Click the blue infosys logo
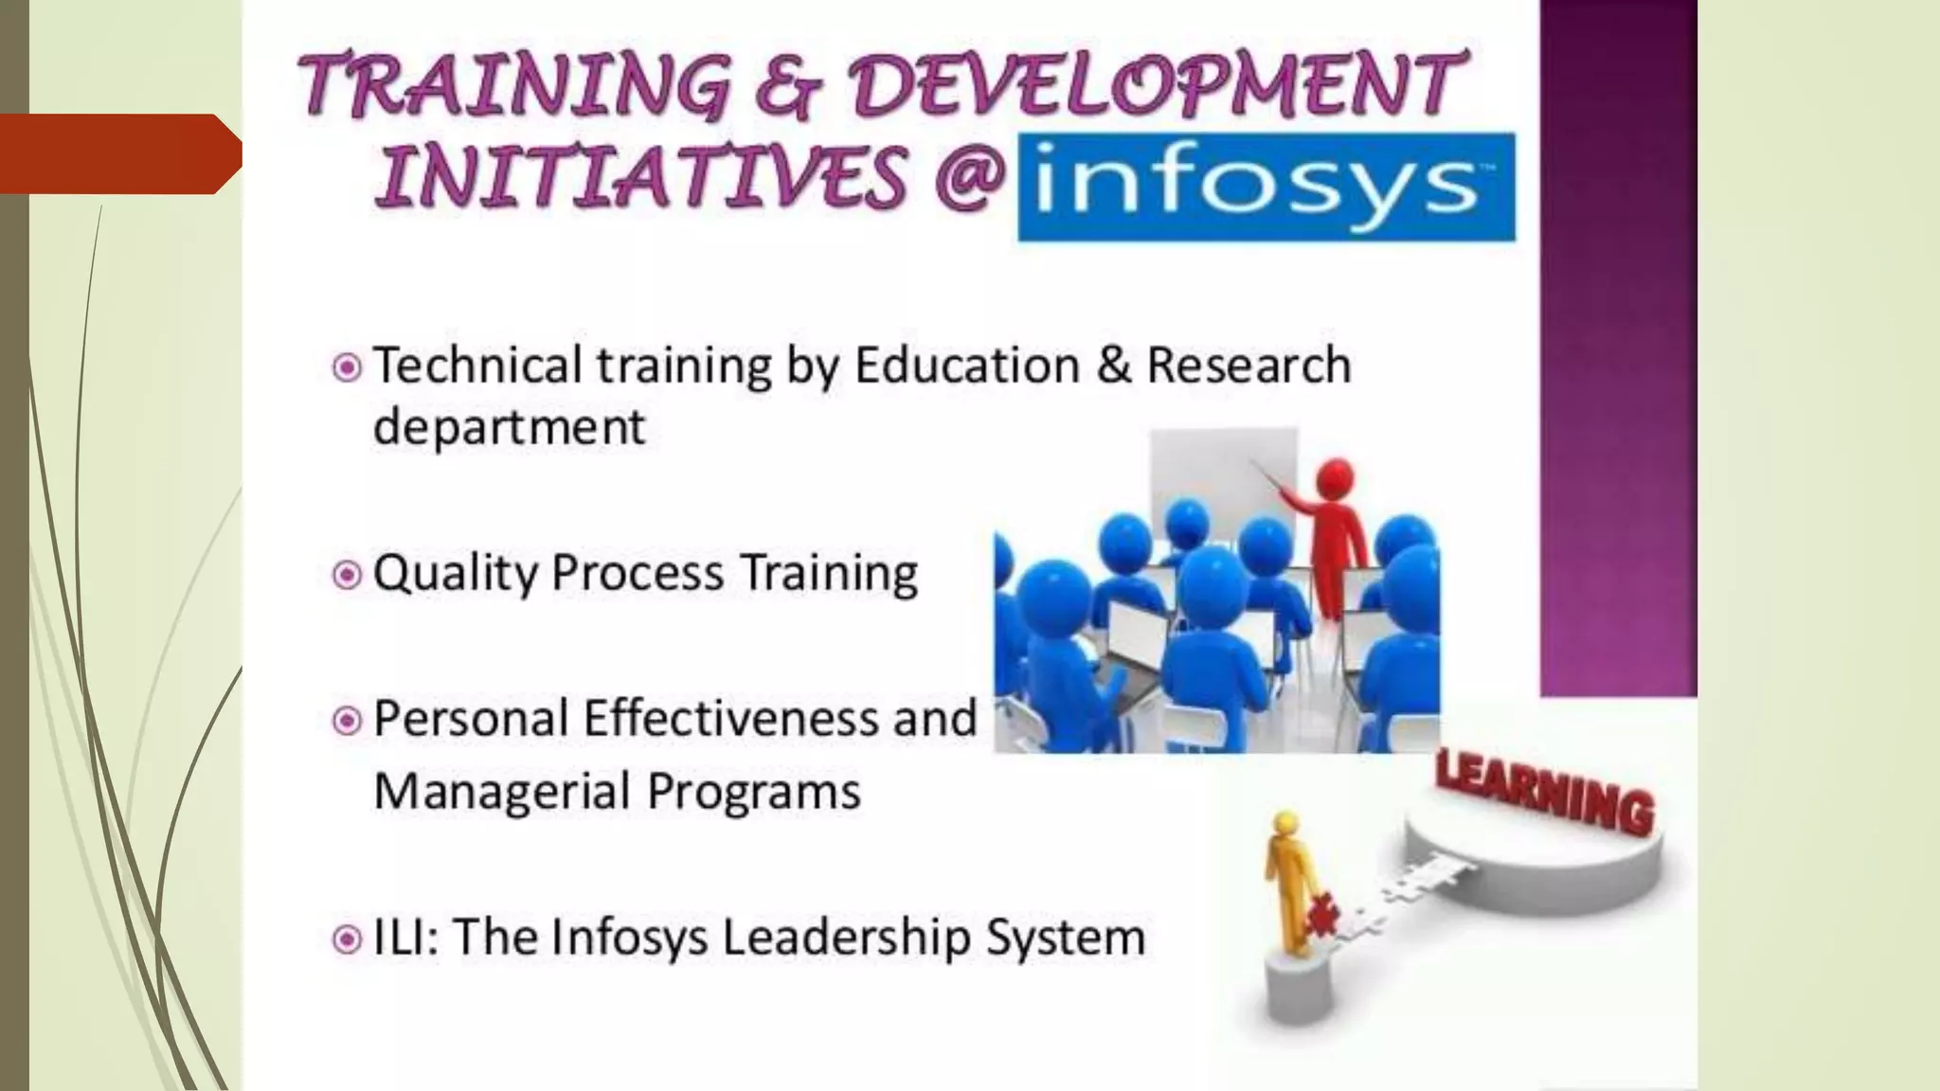coord(1266,187)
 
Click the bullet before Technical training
coord(347,367)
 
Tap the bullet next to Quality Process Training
coord(347,575)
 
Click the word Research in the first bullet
coord(1248,366)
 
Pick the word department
coord(509,426)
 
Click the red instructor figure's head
coord(1337,474)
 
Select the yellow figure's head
coord(1284,823)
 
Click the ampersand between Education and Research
coord(1113,366)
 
